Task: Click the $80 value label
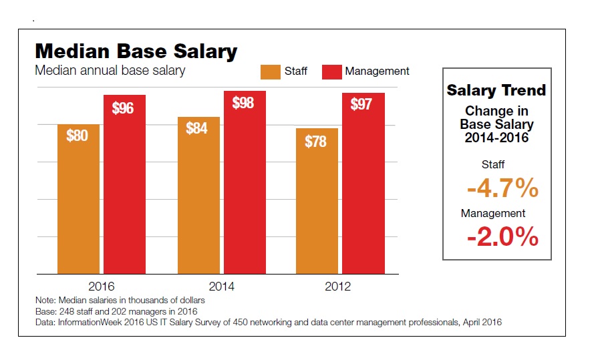coord(78,135)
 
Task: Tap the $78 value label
coord(316,142)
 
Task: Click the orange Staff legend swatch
coord(271,71)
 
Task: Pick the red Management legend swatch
coord(331,71)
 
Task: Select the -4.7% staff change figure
coord(502,190)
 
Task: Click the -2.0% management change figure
coord(502,237)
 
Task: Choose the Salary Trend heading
coord(496,90)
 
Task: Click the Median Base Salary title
coord(136,51)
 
